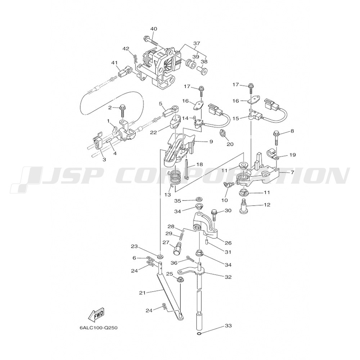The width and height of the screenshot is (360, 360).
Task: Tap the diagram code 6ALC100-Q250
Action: pyautogui.click(x=99, y=328)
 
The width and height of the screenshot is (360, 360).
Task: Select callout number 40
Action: pyautogui.click(x=154, y=29)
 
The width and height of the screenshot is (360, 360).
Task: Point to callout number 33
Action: pyautogui.click(x=228, y=325)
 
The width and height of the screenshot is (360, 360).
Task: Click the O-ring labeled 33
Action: pyautogui.click(x=199, y=334)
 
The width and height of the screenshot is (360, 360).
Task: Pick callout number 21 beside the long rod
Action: pyautogui.click(x=143, y=293)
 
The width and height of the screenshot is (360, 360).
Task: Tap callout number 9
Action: pyautogui.click(x=211, y=141)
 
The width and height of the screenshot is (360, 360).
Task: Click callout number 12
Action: pyautogui.click(x=266, y=204)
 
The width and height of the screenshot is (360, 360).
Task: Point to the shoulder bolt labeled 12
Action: pyautogui.click(x=244, y=206)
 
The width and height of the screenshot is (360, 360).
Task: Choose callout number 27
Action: pyautogui.click(x=166, y=242)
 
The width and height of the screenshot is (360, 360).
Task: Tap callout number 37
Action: pyautogui.click(x=197, y=43)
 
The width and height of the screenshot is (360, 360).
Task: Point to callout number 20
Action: pyautogui.click(x=230, y=144)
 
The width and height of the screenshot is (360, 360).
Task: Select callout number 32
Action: pyautogui.click(x=228, y=277)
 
